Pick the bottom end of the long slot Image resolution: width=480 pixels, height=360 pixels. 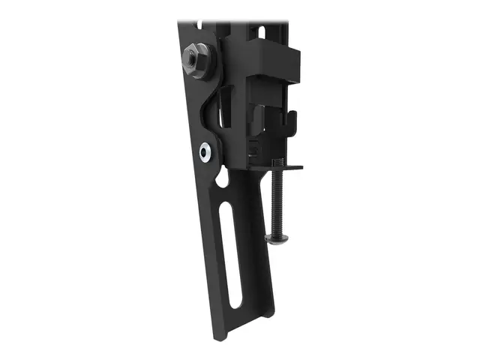(x=236, y=301)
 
